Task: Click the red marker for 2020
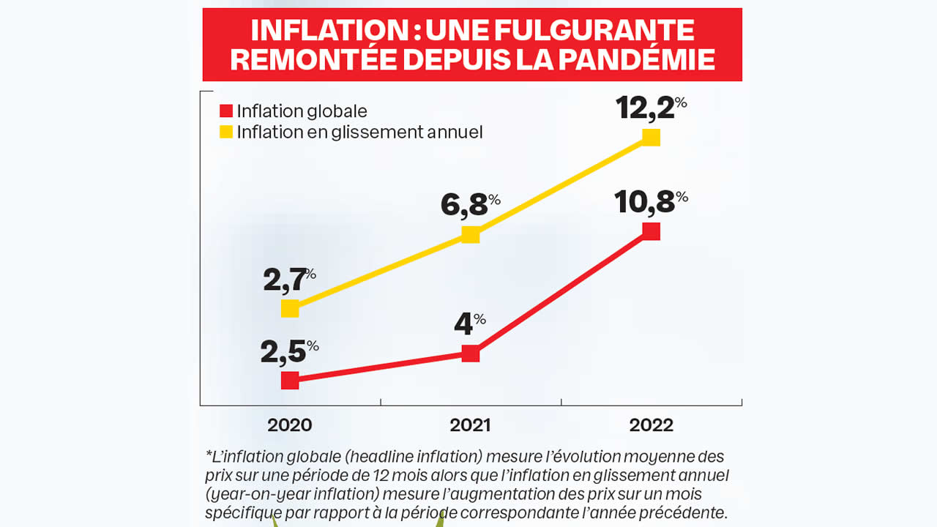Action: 290,380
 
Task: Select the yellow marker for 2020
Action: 290,308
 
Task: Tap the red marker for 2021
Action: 471,354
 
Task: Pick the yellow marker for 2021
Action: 471,235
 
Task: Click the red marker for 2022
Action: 651,231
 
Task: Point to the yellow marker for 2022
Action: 651,137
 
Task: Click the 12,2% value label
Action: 651,108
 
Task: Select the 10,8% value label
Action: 651,203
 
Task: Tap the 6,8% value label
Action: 470,206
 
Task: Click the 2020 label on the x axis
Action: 289,425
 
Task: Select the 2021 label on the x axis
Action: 470,425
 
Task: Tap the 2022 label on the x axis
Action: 651,425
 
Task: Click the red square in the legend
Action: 226,111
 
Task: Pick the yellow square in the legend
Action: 226,132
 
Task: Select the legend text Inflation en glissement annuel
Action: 359,132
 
